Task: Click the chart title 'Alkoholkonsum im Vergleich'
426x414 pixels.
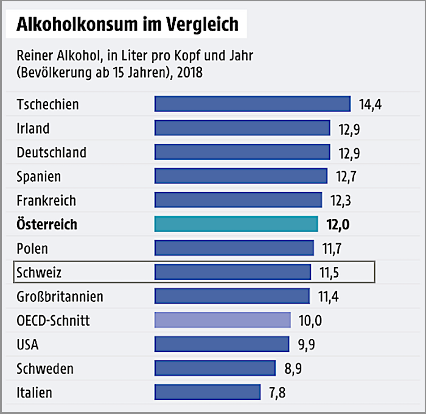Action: pos(127,25)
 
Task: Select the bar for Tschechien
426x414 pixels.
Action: pos(253,104)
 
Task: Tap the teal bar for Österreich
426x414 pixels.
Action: pos(236,224)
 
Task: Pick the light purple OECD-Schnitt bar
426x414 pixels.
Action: pos(223,320)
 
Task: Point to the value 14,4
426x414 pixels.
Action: pos(370,104)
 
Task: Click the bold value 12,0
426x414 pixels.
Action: pos(338,224)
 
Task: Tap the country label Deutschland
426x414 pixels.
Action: pos(52,152)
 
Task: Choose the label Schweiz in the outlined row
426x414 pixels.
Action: pos(40,272)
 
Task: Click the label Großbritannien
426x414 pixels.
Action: pos(60,296)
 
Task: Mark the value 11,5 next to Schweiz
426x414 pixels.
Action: pos(331,272)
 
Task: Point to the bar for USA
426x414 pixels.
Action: pos(222,344)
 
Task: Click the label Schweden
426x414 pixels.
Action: pos(46,368)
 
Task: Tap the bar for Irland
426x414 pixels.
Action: pos(242,128)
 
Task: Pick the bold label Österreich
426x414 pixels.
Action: pos(47,224)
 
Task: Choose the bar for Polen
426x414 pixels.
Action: pos(234,248)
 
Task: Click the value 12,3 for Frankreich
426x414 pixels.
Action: pos(342,201)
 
